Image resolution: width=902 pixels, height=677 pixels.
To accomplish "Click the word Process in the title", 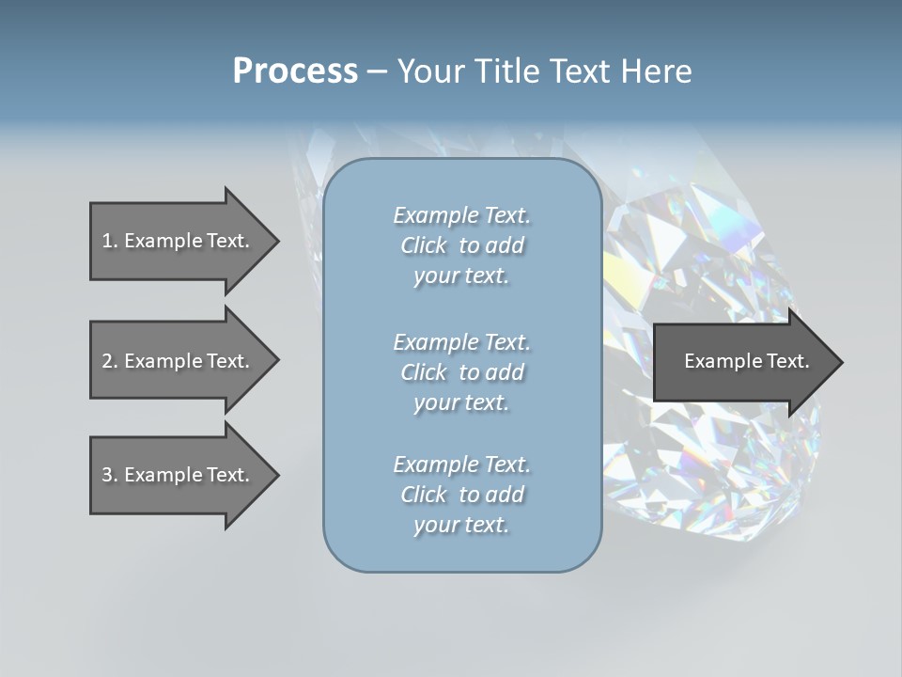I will click(295, 71).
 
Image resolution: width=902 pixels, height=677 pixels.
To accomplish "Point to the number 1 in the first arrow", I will click(107, 241).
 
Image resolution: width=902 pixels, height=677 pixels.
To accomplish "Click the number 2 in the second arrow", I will click(107, 361).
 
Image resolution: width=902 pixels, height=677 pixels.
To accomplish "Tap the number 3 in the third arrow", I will click(107, 475).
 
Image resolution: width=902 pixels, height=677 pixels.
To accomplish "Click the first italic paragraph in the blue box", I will click(461, 245).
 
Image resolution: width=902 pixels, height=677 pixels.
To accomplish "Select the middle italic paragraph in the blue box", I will click(461, 371).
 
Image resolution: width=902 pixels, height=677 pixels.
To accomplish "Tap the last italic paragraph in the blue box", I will click(461, 495).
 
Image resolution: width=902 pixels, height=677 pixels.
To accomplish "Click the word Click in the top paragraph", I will click(424, 245).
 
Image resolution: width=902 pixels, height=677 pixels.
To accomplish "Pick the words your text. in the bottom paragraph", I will click(461, 525).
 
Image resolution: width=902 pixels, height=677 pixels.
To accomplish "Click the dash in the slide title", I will click(378, 71).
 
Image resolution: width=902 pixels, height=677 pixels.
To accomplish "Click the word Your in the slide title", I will click(427, 71).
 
